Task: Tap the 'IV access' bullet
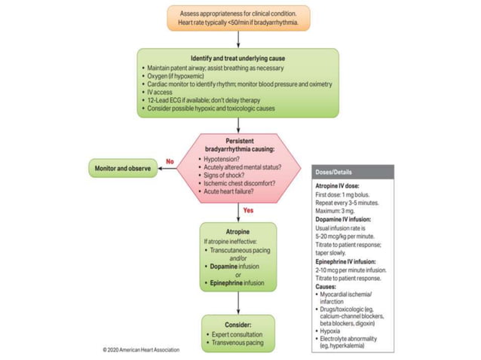coord(162,93)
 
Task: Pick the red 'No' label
coord(171,161)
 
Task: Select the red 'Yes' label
coord(248,210)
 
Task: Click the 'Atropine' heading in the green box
coord(237,232)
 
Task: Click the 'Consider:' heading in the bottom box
coord(237,324)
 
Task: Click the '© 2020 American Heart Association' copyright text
coord(148,350)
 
